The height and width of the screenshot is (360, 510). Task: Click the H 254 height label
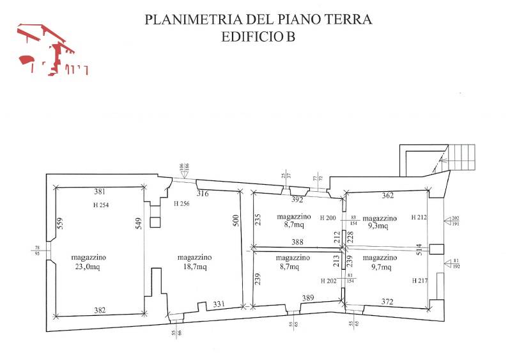[x=98, y=205]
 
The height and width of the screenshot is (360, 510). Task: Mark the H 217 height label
[x=419, y=280]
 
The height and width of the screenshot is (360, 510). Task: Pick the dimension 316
[x=203, y=193]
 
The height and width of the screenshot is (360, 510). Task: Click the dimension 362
[x=387, y=196]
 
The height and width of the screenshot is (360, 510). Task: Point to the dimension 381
[x=98, y=191]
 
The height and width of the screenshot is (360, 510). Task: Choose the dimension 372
[x=388, y=302]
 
